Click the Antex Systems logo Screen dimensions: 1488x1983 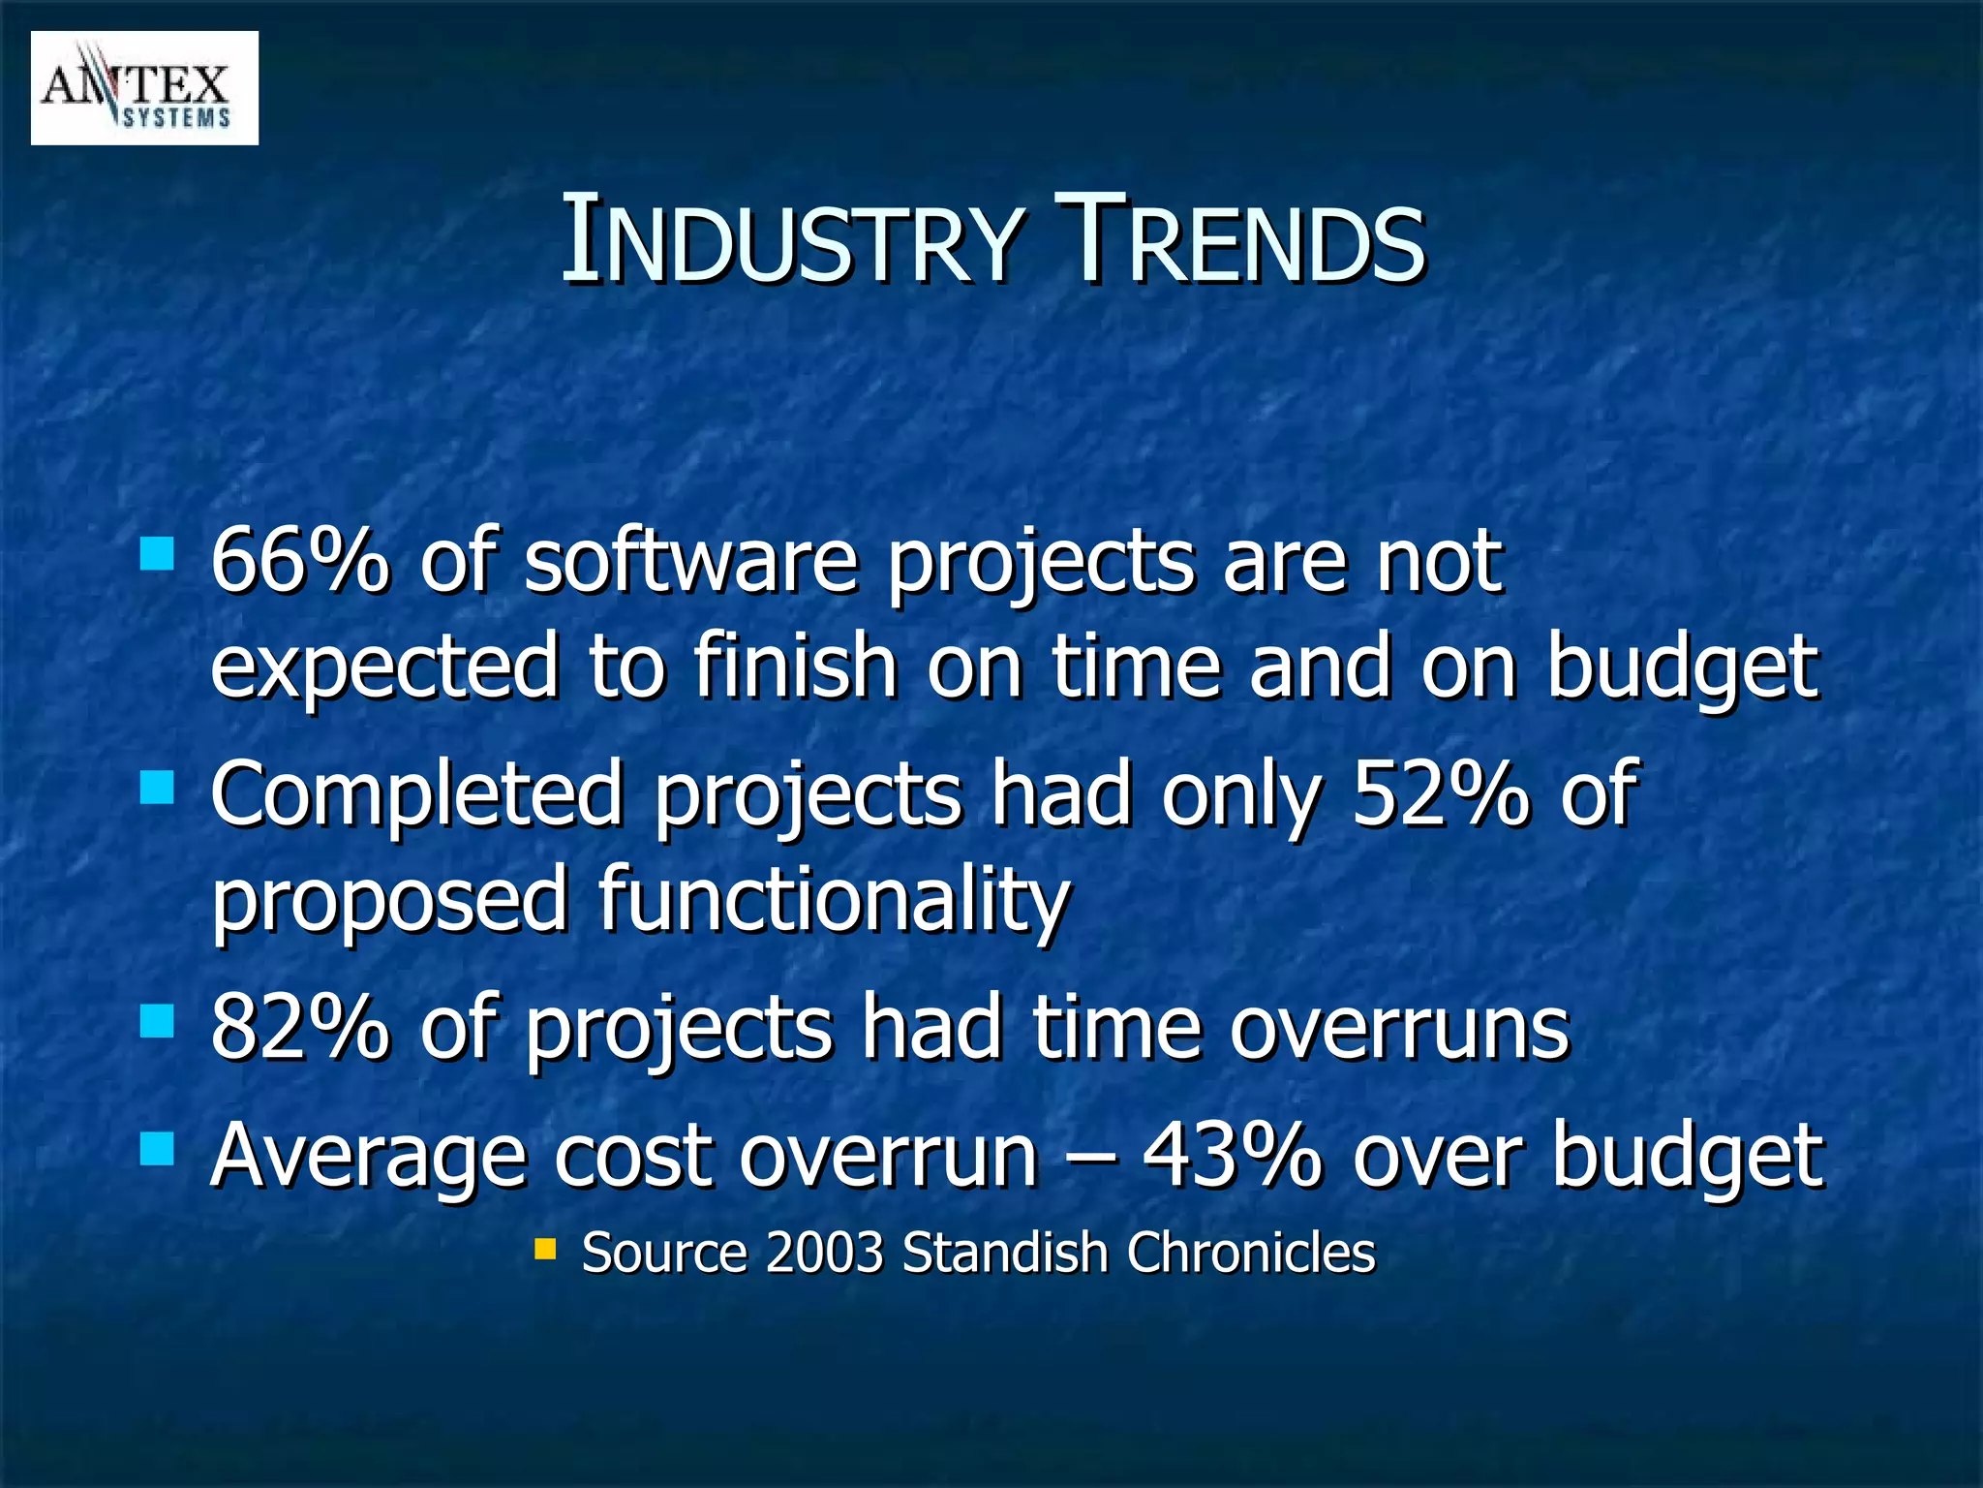144,88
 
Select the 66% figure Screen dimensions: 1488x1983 298,562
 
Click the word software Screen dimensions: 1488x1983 690,562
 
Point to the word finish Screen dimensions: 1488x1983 794,666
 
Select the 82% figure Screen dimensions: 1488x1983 298,1029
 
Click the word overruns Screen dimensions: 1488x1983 1398,1029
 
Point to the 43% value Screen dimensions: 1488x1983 1232,1156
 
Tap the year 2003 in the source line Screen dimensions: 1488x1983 824,1253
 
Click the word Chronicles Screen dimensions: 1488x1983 1250,1253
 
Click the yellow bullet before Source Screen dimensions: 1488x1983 546,1248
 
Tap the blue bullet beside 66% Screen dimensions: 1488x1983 157,555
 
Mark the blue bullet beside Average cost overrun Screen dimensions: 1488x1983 157,1149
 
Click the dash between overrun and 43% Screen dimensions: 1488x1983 1090,1158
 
